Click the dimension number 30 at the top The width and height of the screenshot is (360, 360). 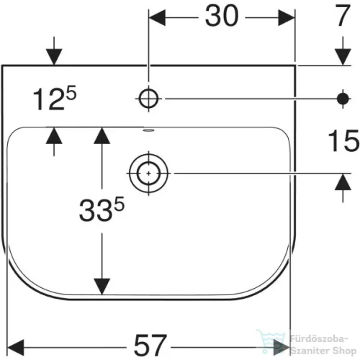[222, 16]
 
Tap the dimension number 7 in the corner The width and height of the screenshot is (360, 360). [343, 16]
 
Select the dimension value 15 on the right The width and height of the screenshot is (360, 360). [343, 140]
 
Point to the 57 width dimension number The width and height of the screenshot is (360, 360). [150, 345]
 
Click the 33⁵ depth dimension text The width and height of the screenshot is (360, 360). [102, 209]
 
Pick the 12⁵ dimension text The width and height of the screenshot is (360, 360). [55, 98]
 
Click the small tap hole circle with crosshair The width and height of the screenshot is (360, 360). [148, 99]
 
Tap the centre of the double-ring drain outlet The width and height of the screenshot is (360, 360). [148, 174]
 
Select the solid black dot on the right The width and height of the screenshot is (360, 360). [343, 99]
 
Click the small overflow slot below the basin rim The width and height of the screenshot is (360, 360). [148, 130]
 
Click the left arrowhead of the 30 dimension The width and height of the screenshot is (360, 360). [157, 18]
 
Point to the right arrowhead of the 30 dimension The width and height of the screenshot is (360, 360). [287, 18]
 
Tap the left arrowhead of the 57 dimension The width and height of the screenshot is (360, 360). [16, 347]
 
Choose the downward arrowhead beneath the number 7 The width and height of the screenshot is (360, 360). [343, 57]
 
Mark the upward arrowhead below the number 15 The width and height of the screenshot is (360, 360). [343, 181]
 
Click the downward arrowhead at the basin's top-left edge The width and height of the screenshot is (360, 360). [54, 57]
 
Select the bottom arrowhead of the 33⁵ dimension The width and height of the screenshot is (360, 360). [102, 287]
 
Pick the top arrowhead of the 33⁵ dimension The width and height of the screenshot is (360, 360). [102, 135]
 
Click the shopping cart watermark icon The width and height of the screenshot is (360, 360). [271, 341]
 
